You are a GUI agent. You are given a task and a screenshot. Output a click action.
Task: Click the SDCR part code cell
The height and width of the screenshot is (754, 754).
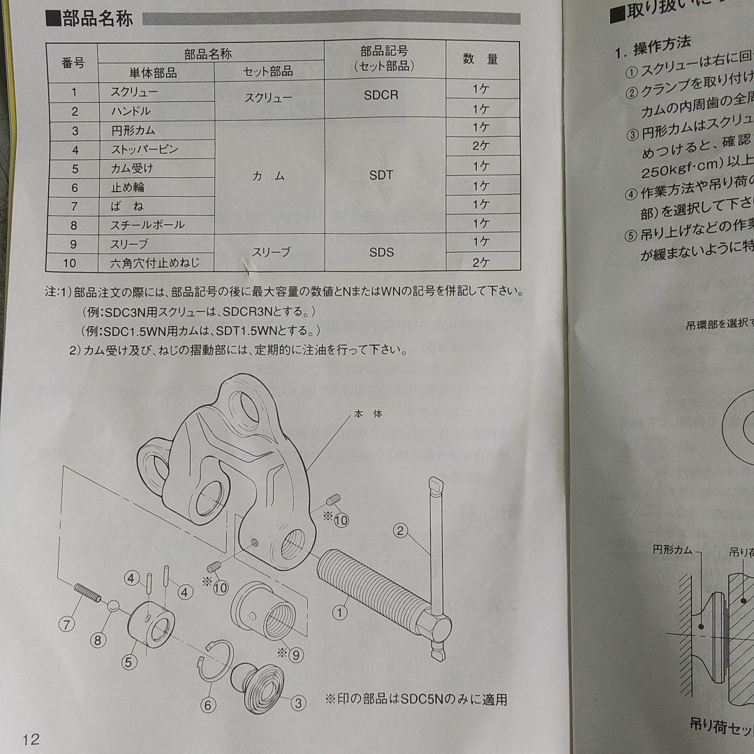click(x=381, y=95)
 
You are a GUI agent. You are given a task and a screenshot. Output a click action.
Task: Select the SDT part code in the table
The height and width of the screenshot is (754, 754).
click(x=381, y=176)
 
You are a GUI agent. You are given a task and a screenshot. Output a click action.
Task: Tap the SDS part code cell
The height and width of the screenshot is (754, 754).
click(x=381, y=252)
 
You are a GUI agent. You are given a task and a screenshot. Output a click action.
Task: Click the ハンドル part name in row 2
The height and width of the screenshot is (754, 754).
click(x=131, y=111)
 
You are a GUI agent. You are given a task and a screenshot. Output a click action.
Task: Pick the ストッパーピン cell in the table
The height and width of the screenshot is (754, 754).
click(x=145, y=149)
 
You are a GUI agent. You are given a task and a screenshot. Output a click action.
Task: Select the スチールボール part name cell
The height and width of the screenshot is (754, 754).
click(x=147, y=225)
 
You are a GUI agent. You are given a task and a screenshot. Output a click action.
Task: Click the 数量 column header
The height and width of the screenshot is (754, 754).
click(x=481, y=60)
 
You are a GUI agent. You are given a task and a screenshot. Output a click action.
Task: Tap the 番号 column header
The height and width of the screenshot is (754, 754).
click(x=73, y=64)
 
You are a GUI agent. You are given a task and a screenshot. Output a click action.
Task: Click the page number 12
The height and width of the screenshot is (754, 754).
click(x=31, y=739)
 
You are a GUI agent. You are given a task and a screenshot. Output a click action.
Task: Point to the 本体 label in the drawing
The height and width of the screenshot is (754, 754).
click(x=368, y=414)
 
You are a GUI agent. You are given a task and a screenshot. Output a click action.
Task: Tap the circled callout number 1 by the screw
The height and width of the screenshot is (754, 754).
click(x=340, y=613)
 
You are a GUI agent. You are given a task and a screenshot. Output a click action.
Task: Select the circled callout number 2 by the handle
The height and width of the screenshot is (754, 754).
click(x=400, y=531)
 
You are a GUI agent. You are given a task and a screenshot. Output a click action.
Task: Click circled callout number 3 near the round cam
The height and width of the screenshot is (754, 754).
click(x=298, y=703)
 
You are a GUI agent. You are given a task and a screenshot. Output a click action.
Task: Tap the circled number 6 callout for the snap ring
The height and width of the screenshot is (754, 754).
click(x=207, y=705)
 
